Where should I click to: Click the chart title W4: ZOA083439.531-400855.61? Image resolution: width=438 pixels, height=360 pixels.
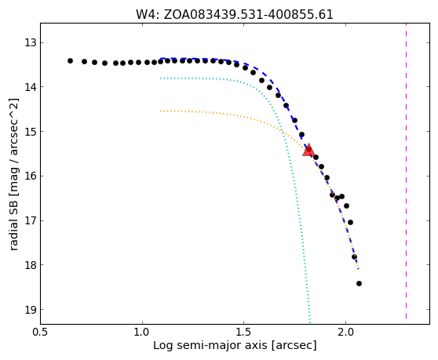[x=235, y=15]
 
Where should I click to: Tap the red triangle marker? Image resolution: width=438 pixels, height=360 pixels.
[x=308, y=150]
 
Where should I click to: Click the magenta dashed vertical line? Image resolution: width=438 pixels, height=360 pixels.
[x=406, y=171]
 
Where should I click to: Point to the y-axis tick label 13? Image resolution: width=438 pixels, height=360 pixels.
[x=31, y=43]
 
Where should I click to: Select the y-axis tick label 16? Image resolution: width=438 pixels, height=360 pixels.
[x=31, y=176]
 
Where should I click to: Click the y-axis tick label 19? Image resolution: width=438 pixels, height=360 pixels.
[x=31, y=310]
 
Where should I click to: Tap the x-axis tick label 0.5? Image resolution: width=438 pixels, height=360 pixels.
[x=41, y=332]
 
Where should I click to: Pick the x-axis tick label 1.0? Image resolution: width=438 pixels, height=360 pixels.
[x=142, y=332]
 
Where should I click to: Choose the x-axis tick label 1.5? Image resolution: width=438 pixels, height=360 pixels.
[x=244, y=332]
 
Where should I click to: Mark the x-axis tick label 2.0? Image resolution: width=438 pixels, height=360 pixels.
[x=346, y=332]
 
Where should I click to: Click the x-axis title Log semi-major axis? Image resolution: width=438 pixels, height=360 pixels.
[x=210, y=345]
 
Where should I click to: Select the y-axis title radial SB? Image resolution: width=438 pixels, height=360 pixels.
[x=13, y=223]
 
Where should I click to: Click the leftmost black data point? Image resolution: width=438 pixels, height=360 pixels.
[x=70, y=61]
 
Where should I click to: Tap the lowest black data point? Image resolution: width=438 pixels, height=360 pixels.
[x=359, y=284]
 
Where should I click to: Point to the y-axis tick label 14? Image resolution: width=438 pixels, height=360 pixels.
[x=31, y=87]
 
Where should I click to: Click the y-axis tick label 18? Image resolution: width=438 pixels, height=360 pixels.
[x=31, y=265]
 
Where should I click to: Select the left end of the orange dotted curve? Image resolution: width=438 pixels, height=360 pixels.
[x=161, y=111]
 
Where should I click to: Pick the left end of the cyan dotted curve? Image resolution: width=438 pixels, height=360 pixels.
[x=161, y=78]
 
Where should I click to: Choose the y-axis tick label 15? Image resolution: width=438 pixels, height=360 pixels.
[x=31, y=132]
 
